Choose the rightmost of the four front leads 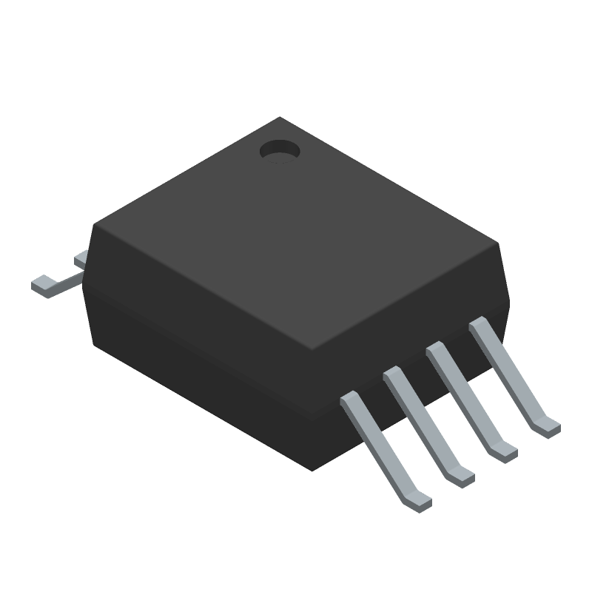511,370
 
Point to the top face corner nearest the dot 278,118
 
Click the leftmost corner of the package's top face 93,226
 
